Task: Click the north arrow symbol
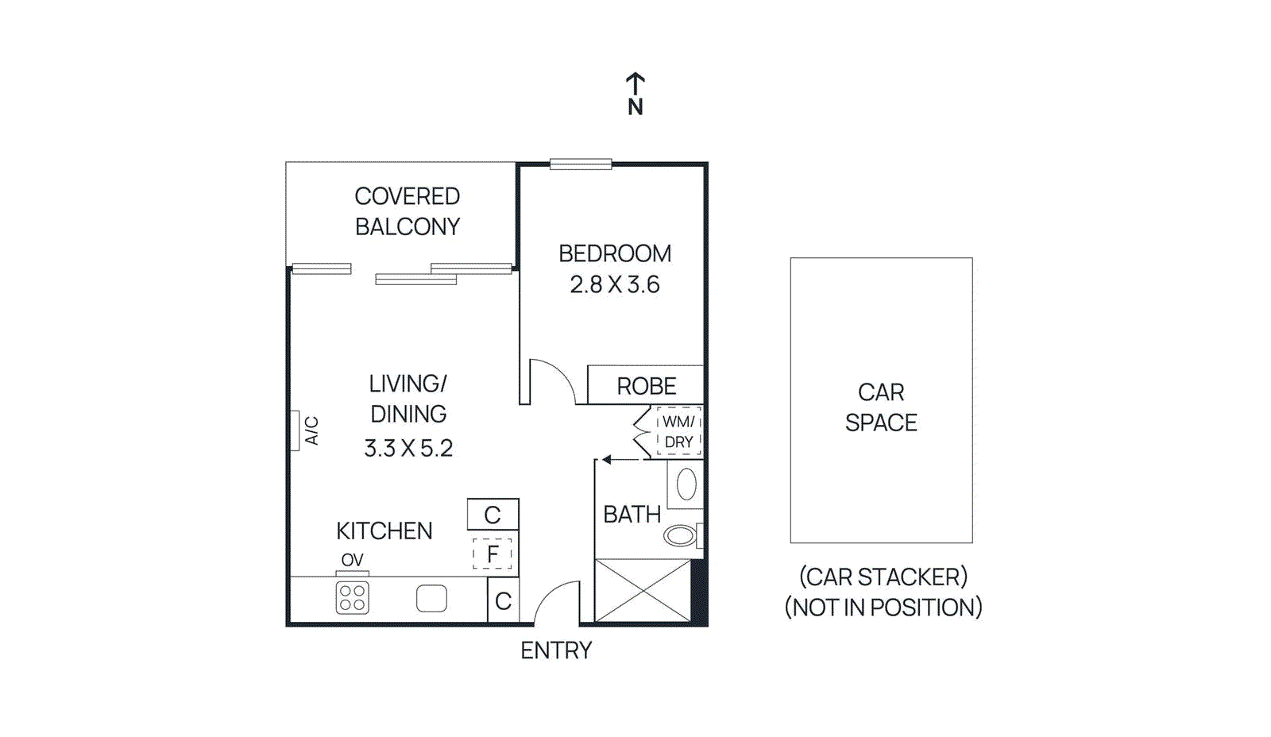click(635, 83)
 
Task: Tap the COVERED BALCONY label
click(407, 211)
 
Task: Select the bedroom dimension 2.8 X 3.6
click(614, 285)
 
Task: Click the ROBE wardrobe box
click(646, 386)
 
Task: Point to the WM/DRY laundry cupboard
click(678, 432)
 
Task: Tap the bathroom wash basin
click(686, 484)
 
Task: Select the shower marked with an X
click(642, 590)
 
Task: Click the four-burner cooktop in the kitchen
click(352, 598)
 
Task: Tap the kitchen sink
click(431, 598)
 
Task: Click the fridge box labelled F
click(493, 554)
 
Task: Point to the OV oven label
click(352, 560)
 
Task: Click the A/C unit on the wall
click(295, 430)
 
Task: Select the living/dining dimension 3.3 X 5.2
click(408, 449)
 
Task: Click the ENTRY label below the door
click(556, 650)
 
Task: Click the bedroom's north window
click(581, 164)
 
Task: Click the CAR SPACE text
click(881, 407)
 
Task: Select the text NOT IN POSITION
click(883, 608)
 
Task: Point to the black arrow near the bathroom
click(607, 459)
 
